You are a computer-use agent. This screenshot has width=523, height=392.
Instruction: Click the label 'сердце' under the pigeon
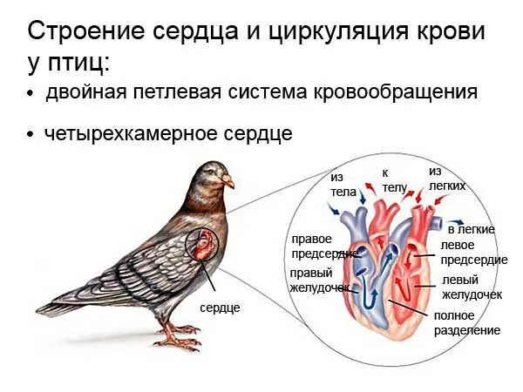pos(220,308)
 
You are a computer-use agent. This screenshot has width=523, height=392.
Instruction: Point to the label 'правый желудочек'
pos(319,280)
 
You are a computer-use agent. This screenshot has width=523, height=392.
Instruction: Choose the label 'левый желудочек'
pos(472,287)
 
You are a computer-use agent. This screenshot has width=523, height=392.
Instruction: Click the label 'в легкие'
pos(472,229)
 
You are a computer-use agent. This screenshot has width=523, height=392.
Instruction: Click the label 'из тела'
pos(343,184)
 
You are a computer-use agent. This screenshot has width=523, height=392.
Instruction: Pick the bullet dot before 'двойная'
pos(31,93)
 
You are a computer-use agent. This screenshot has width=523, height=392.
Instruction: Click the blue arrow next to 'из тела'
pos(335,209)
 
